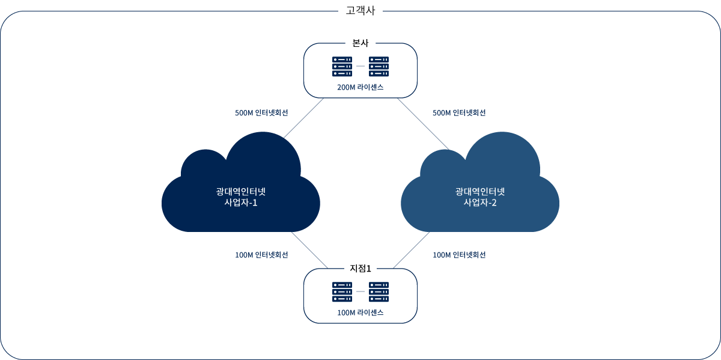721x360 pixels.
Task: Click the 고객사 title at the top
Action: click(360, 10)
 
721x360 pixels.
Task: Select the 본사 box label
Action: click(360, 43)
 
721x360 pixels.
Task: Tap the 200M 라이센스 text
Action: click(360, 87)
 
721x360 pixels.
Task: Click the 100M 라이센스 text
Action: click(360, 313)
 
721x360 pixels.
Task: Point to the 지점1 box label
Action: click(360, 268)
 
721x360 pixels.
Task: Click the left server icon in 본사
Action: click(342, 66)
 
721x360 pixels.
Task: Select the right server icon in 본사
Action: click(379, 66)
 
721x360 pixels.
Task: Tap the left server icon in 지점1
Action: click(342, 291)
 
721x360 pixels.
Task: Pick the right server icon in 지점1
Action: click(379, 291)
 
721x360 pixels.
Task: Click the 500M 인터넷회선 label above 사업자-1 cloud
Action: click(261, 113)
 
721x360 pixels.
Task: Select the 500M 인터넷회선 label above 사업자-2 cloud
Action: click(459, 113)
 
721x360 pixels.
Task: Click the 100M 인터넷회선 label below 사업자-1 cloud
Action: click(261, 255)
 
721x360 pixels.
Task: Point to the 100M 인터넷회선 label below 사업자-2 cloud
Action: click(459, 255)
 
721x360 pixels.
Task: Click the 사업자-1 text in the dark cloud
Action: click(240, 203)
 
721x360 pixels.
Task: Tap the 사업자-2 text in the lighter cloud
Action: click(480, 203)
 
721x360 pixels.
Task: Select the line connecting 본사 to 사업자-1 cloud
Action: click(304, 117)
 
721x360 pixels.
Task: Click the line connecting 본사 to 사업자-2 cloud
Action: click(422, 123)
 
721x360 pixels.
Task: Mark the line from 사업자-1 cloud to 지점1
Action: click(309, 250)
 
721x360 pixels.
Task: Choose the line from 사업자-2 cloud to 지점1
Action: click(412, 250)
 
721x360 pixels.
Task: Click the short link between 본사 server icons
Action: click(360, 66)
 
